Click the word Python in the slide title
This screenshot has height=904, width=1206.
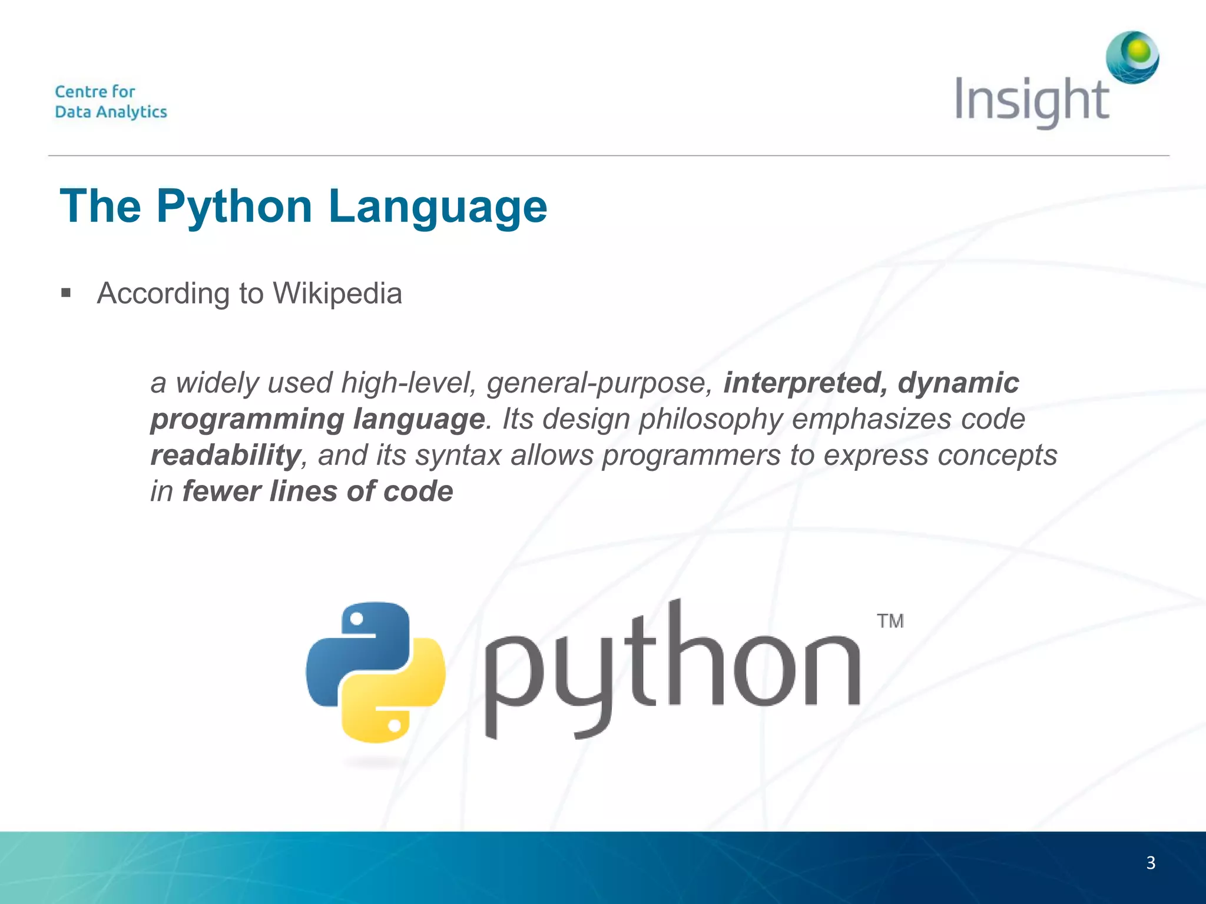coord(234,207)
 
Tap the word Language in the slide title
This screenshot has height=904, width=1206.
coord(438,207)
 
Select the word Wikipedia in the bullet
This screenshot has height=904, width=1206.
coord(337,293)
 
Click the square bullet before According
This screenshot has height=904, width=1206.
coord(66,293)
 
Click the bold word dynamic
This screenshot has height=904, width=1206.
coord(958,383)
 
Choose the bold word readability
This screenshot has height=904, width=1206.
coord(226,455)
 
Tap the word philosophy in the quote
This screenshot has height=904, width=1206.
coord(711,419)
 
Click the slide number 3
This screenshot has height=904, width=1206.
coord(1151,863)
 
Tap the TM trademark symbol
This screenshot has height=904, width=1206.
coord(890,621)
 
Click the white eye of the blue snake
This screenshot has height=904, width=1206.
coord(356,619)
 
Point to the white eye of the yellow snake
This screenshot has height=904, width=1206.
coord(395,724)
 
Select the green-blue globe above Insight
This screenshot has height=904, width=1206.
coord(1132,57)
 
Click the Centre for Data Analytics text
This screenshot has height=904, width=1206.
coord(111,102)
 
